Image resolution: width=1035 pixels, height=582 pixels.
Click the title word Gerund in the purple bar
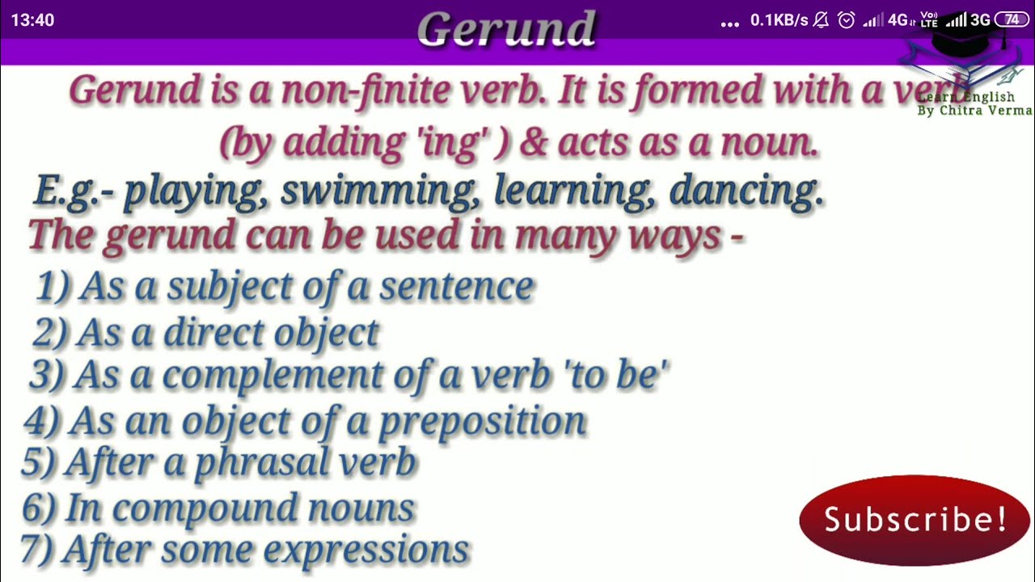coord(507,29)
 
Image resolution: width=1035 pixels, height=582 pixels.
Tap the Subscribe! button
coord(915,520)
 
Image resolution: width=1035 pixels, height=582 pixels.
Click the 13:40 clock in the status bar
coord(32,20)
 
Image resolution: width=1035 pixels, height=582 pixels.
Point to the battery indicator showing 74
coord(1011,20)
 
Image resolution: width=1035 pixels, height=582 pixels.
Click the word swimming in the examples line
coord(381,192)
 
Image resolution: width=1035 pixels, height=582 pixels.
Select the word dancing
coord(746,192)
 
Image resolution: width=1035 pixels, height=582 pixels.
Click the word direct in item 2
coord(213,333)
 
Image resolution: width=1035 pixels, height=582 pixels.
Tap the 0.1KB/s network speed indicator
coord(779,20)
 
